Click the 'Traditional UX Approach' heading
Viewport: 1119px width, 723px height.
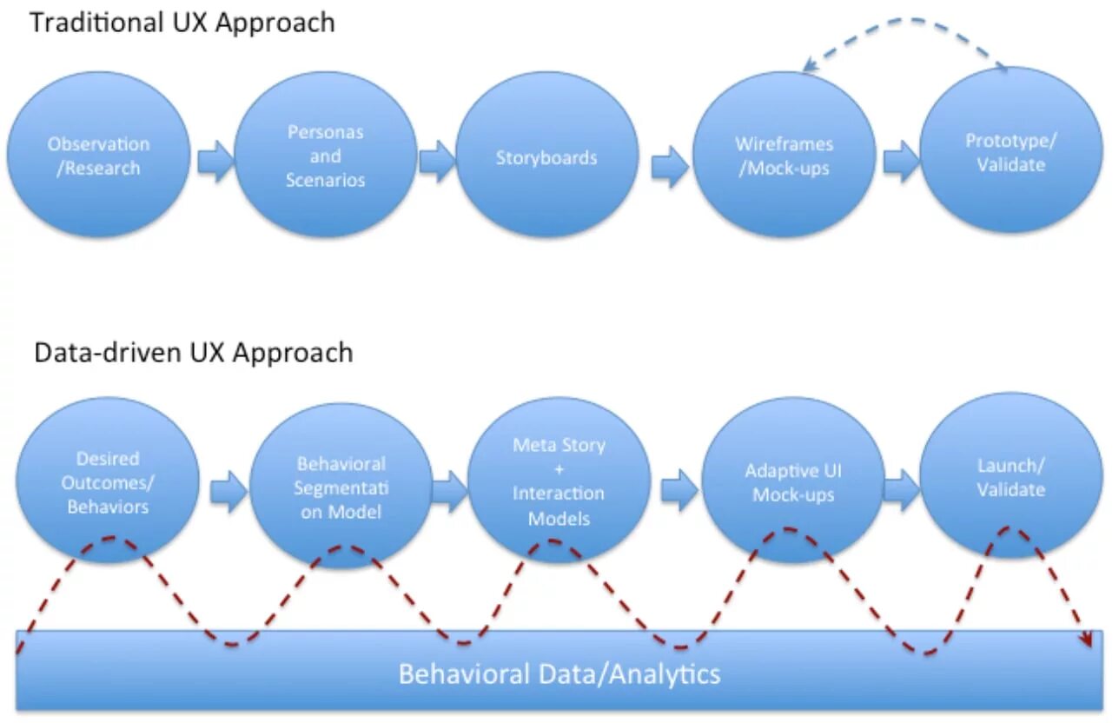(182, 23)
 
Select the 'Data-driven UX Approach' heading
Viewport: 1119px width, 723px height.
(194, 353)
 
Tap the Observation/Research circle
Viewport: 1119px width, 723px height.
(98, 154)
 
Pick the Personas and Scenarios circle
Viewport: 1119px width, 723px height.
(326, 154)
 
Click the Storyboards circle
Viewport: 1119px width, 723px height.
(547, 154)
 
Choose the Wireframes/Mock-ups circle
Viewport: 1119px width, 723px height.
(784, 154)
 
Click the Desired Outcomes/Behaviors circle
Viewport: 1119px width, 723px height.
(108, 481)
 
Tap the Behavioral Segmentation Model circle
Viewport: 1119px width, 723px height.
(341, 486)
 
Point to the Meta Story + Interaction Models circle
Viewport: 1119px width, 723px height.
(559, 481)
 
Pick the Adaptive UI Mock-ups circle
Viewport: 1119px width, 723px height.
(793, 481)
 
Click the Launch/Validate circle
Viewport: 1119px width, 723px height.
(1011, 475)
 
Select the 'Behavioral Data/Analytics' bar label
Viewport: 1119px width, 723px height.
(559, 674)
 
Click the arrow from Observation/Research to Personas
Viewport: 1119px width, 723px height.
(215, 161)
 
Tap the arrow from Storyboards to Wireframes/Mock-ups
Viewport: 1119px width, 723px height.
(671, 167)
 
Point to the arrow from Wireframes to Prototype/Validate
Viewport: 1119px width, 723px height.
(902, 161)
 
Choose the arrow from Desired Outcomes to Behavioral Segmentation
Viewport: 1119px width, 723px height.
(228, 492)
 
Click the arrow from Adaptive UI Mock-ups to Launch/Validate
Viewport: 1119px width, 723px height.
(902, 490)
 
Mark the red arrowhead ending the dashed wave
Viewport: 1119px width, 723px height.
(1088, 640)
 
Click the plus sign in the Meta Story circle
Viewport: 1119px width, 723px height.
(559, 469)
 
